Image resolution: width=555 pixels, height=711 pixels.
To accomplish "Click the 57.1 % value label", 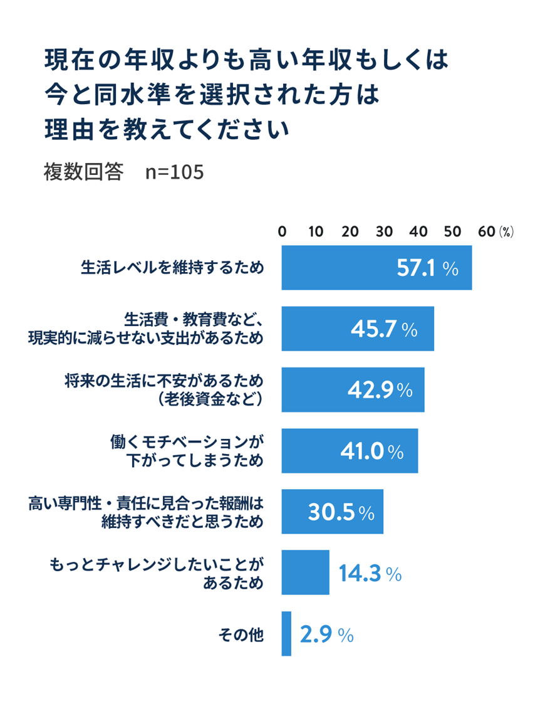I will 428,268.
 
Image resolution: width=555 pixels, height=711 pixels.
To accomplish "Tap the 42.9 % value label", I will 380,390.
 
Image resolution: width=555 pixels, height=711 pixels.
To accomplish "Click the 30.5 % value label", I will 341,512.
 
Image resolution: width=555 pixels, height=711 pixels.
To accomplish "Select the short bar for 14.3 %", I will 305,572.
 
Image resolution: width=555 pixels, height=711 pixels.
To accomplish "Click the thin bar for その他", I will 286,634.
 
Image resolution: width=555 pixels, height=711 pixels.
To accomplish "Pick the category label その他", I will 241,635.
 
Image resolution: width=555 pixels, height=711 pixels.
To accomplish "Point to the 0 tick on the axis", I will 282,231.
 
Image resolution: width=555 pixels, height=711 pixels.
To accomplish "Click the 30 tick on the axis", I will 384,231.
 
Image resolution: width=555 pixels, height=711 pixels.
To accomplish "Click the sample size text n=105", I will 175,171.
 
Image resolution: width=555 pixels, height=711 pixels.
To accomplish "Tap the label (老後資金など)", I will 210,399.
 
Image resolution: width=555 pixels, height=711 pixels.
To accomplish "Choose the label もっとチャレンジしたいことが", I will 157,564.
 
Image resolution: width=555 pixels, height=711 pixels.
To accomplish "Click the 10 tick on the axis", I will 316,231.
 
